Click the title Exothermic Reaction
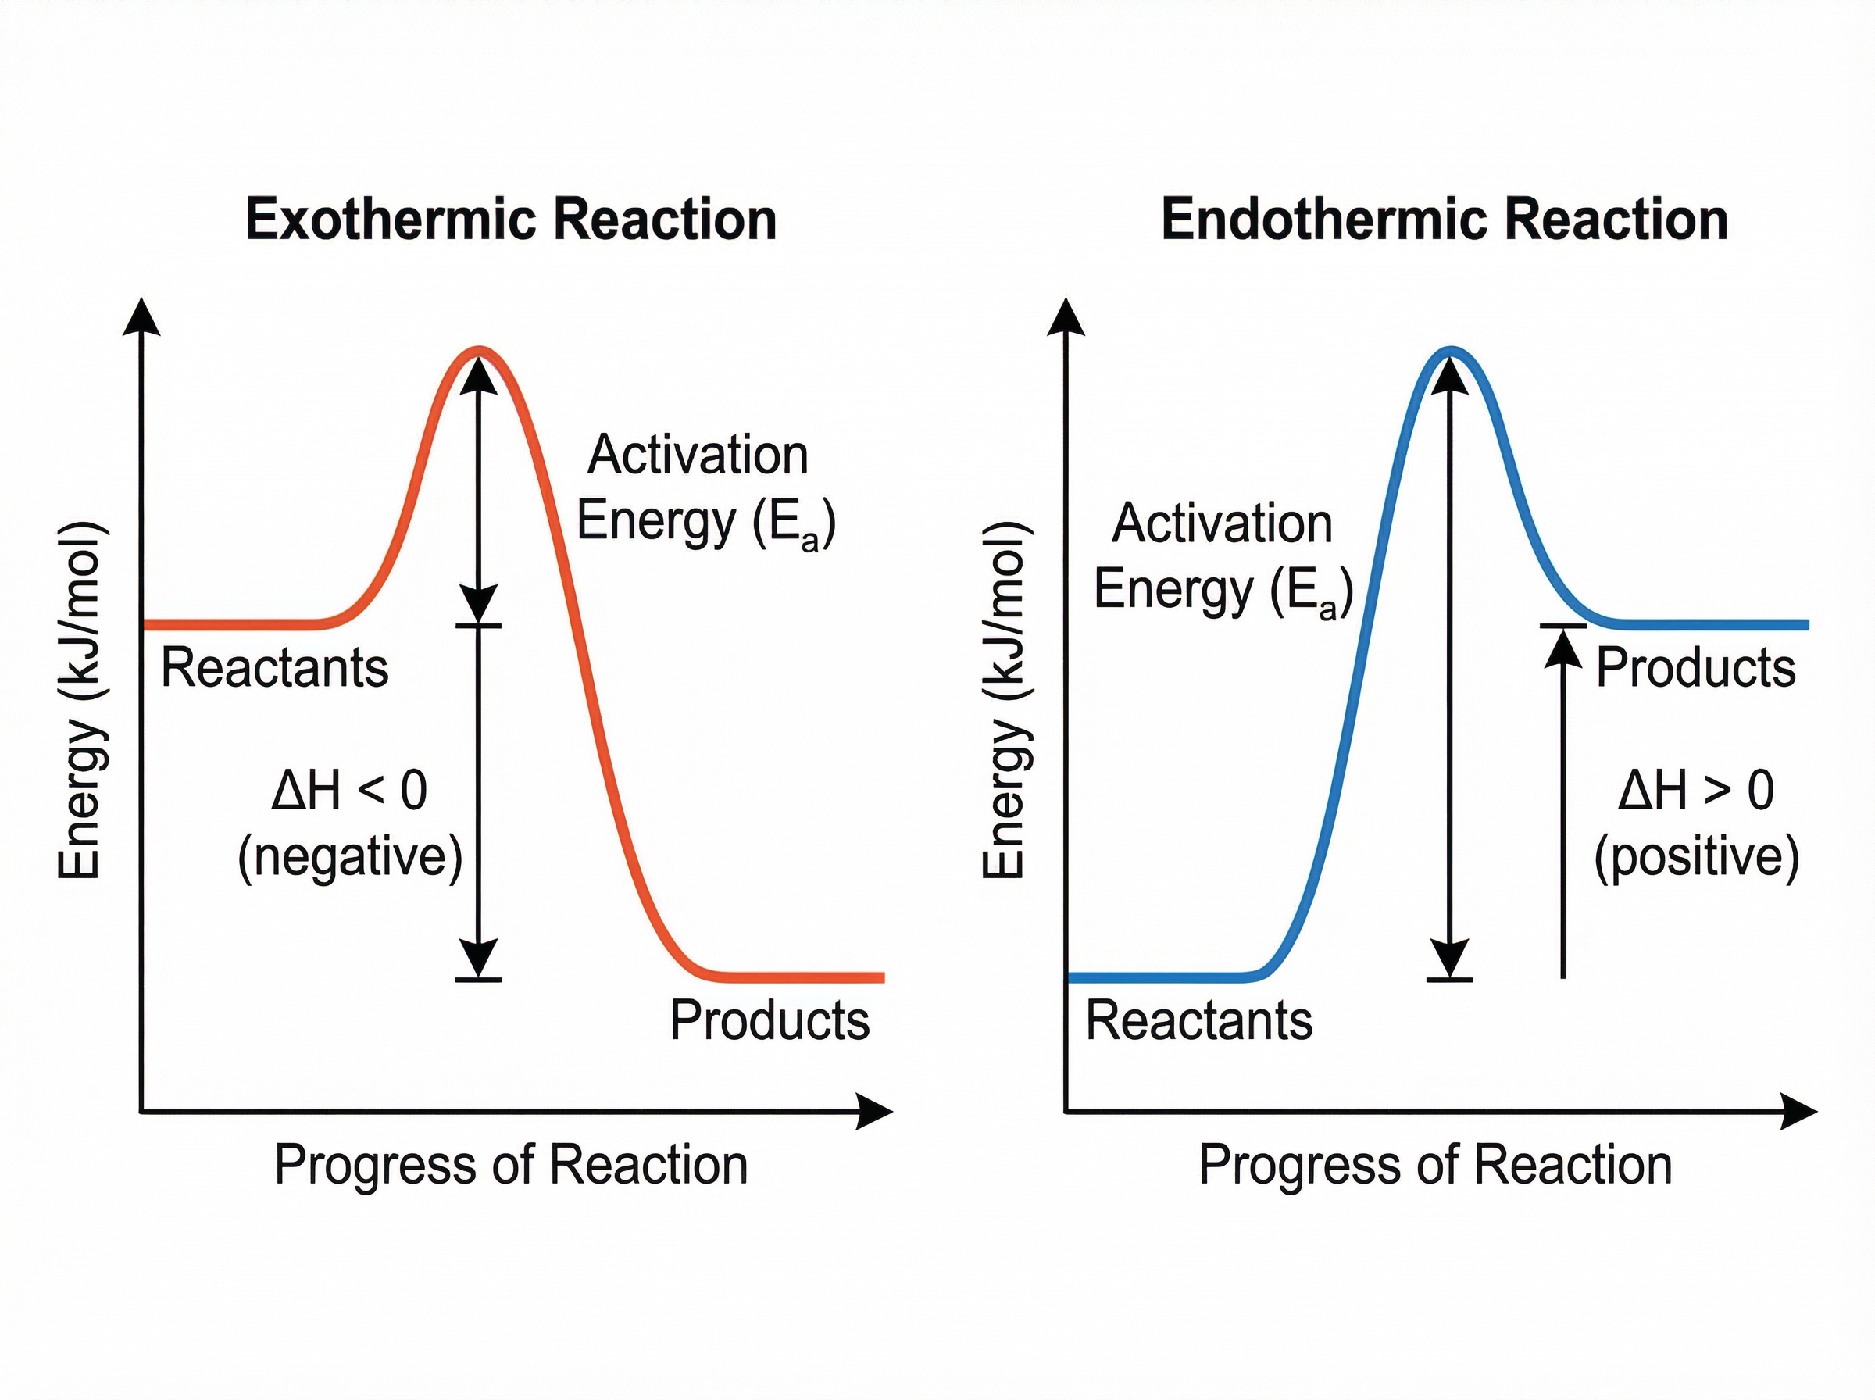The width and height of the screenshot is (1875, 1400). (x=511, y=220)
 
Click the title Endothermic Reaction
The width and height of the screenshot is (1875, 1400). (x=1444, y=220)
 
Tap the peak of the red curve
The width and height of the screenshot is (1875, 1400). (x=480, y=349)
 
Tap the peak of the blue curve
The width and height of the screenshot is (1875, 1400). (x=1452, y=349)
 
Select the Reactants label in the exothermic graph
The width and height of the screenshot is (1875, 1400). (x=274, y=668)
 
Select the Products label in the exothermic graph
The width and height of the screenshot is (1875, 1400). (x=770, y=1020)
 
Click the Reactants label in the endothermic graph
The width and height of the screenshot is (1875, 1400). (x=1199, y=1020)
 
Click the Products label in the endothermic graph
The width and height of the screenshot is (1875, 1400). (x=1695, y=668)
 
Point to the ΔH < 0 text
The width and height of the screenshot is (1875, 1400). (x=349, y=791)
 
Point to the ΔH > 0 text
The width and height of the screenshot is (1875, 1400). (x=1695, y=791)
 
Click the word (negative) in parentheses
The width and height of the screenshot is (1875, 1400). (x=350, y=858)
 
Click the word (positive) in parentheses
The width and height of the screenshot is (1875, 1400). (x=1696, y=858)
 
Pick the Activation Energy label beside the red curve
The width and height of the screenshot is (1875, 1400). (x=705, y=488)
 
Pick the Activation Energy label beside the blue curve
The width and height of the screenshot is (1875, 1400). (x=1223, y=557)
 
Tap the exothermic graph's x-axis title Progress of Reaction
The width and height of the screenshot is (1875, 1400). (x=511, y=1166)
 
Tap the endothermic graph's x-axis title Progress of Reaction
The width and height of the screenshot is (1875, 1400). (x=1435, y=1166)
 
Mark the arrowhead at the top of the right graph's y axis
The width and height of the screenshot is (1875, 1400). (x=1065, y=317)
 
